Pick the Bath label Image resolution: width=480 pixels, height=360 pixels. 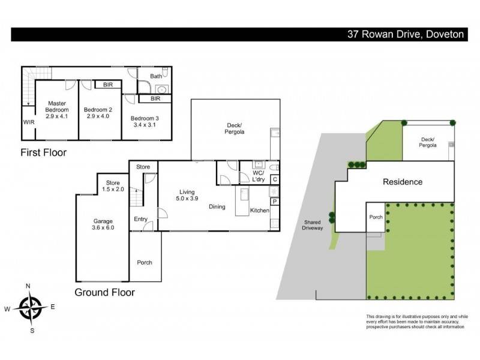point(156,76)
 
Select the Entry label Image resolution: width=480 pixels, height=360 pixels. point(140,219)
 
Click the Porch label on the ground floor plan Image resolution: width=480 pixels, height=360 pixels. point(145,262)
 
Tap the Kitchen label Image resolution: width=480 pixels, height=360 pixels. point(259,210)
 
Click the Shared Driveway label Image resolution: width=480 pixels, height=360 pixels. point(313,224)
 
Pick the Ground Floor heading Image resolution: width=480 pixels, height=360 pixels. point(104,293)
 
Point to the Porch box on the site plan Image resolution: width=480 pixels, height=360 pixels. point(376,218)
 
